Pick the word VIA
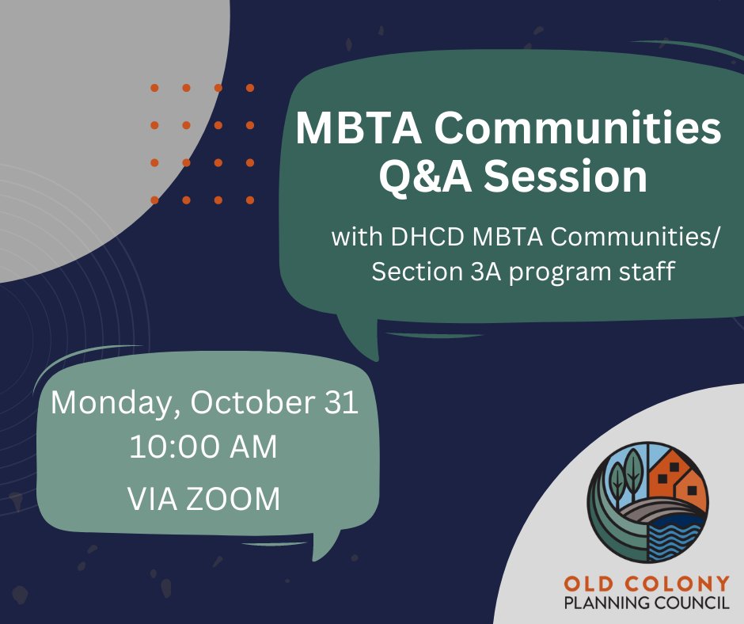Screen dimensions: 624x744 point(151,499)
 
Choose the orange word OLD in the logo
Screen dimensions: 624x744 point(589,584)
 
